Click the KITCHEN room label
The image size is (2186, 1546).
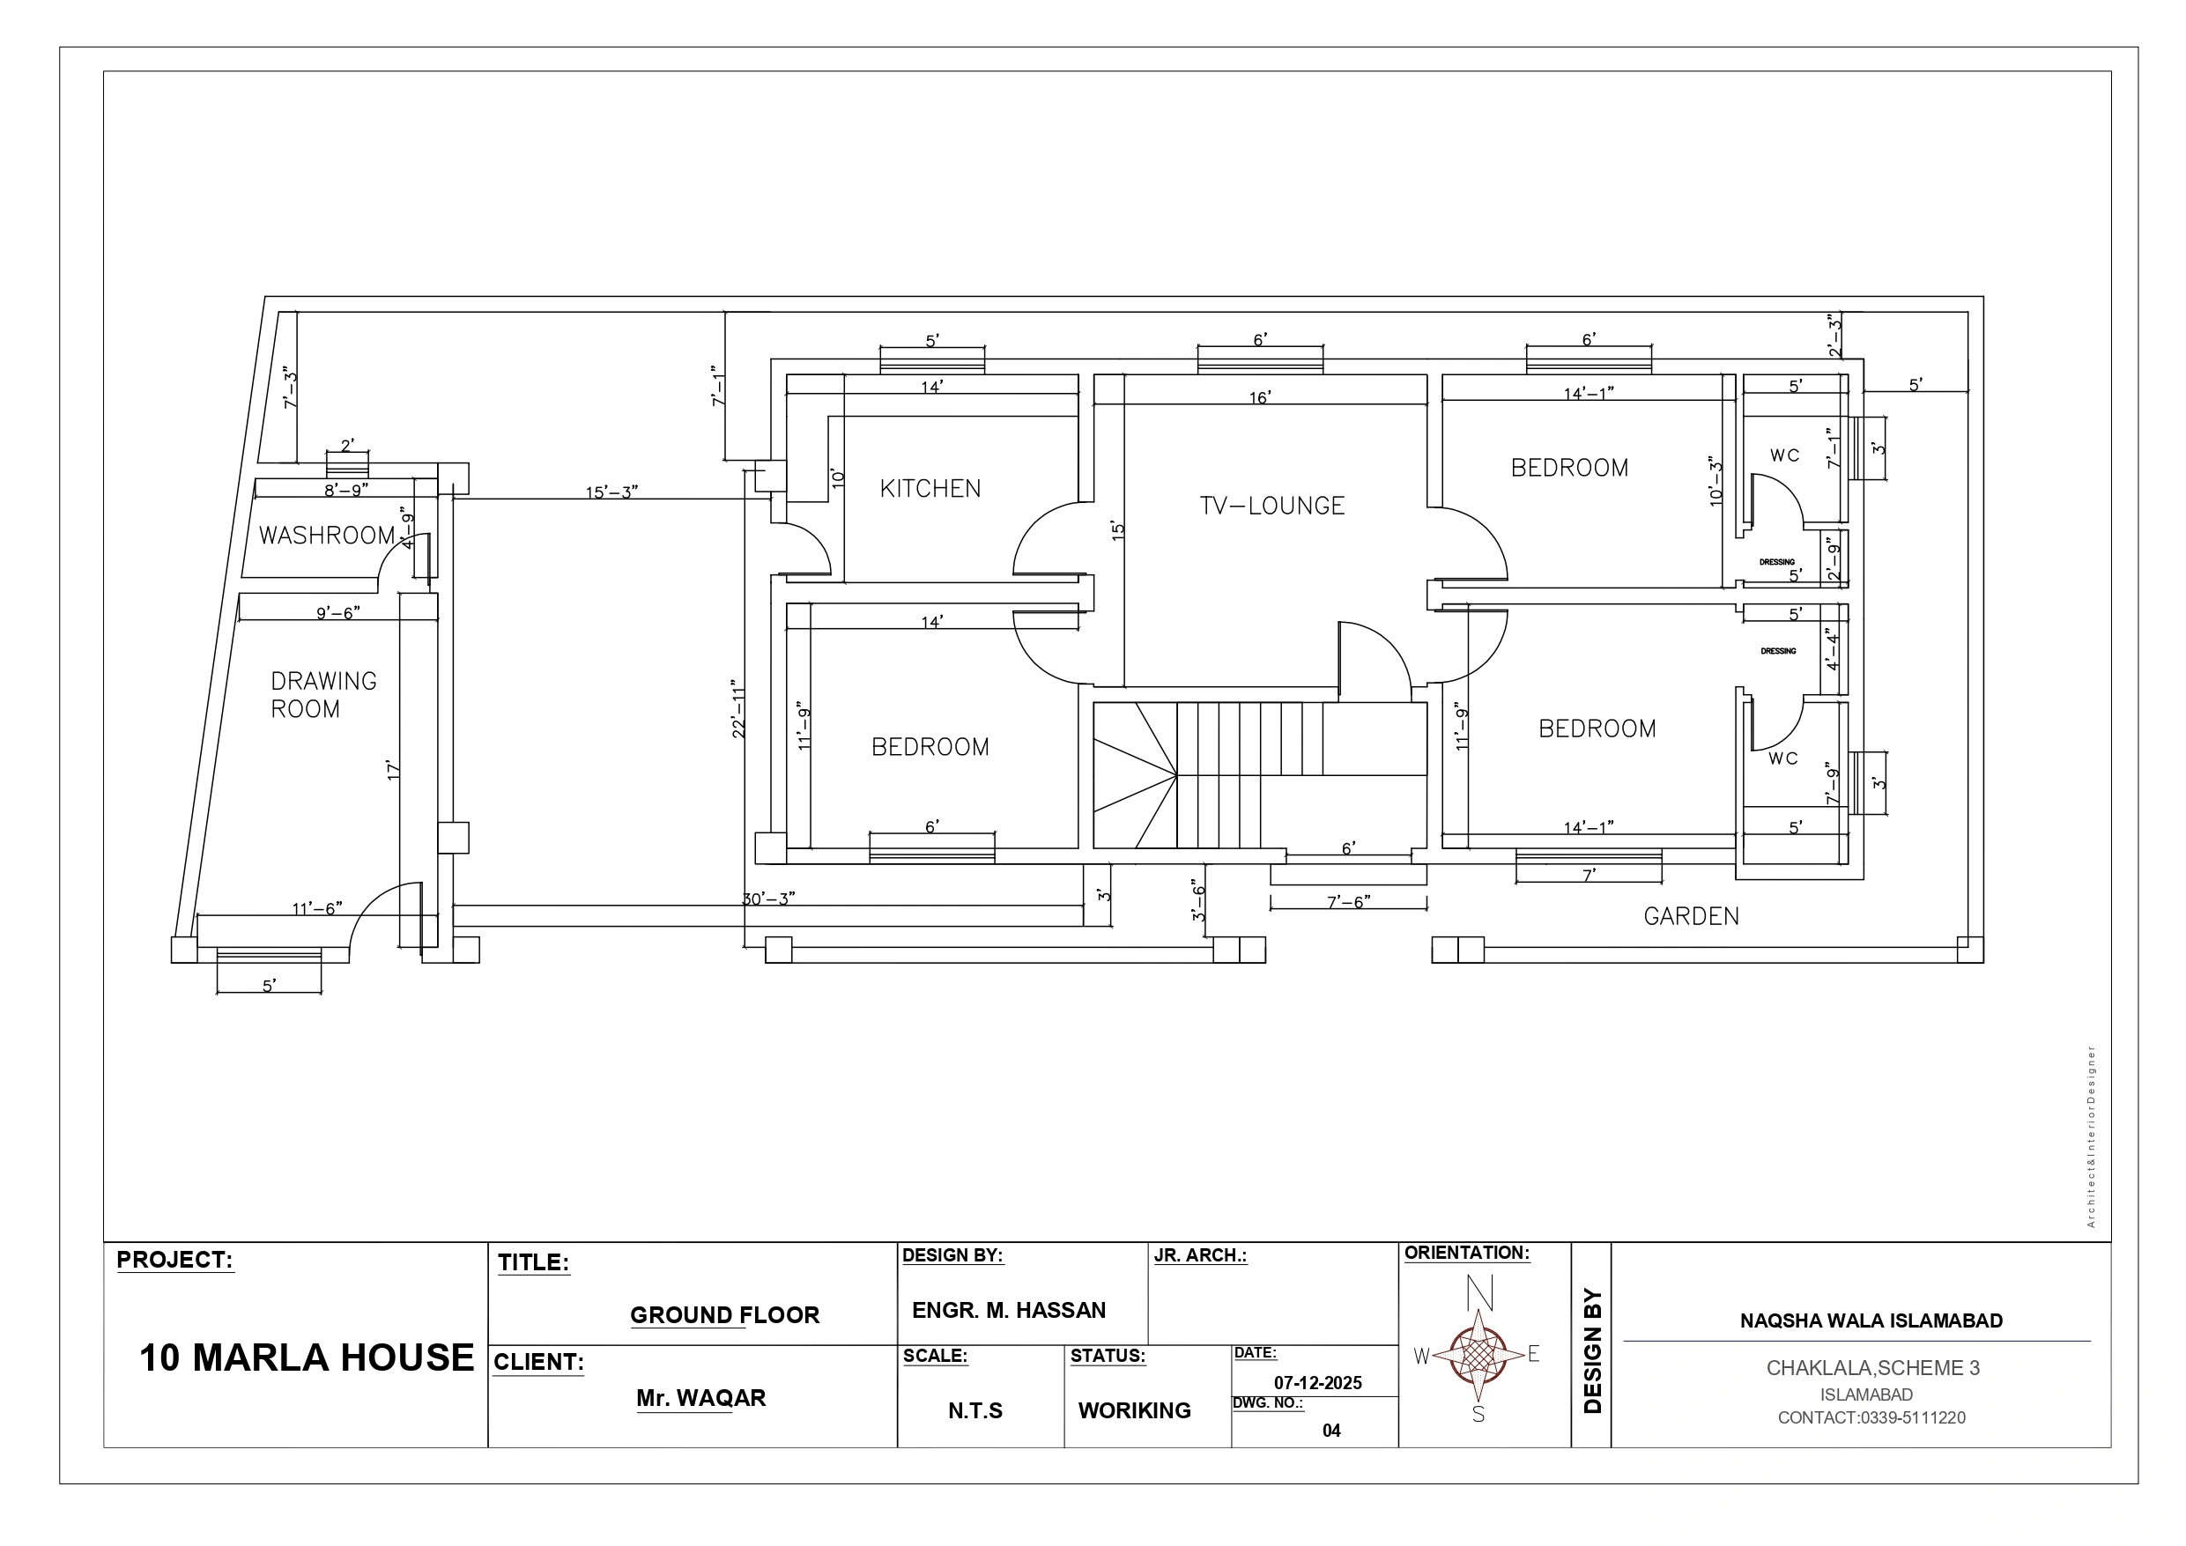[930, 488]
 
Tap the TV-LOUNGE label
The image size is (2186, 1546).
[1272, 506]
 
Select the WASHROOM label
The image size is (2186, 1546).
[327, 535]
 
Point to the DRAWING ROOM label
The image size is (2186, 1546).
[323, 695]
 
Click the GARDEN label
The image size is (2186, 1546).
[1691, 916]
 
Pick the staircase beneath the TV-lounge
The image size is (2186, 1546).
[1260, 774]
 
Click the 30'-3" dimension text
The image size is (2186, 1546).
[769, 899]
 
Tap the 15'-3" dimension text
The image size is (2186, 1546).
[611, 492]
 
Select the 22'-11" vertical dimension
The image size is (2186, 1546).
[737, 708]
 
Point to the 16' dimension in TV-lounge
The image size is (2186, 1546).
[1260, 397]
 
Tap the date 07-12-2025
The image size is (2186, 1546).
[1318, 1383]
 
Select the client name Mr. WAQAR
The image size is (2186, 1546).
[700, 1397]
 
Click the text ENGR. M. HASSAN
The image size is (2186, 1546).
[1009, 1310]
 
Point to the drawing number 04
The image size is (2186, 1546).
[1331, 1431]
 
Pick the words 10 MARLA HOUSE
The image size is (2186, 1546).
[307, 1357]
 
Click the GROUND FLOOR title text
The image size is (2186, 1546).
[724, 1314]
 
